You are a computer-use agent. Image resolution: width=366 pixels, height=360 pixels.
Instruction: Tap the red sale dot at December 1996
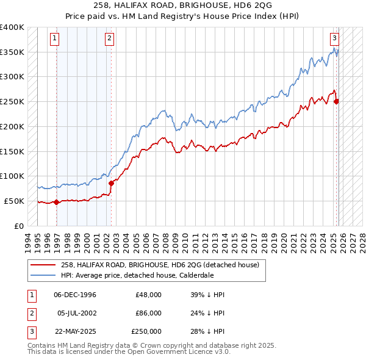click(57, 202)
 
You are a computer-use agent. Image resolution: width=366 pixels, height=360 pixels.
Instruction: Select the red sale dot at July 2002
click(112, 183)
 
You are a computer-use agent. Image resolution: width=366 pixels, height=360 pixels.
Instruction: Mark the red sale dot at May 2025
click(337, 101)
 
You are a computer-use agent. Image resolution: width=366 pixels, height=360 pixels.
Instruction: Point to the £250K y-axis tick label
click(12, 102)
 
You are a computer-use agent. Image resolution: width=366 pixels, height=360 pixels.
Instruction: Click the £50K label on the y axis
click(13, 201)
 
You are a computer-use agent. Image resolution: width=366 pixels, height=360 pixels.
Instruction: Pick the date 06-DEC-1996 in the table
click(75, 295)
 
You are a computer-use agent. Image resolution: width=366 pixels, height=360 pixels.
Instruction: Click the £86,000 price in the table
click(149, 313)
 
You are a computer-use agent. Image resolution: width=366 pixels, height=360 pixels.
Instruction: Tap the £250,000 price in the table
click(146, 331)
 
